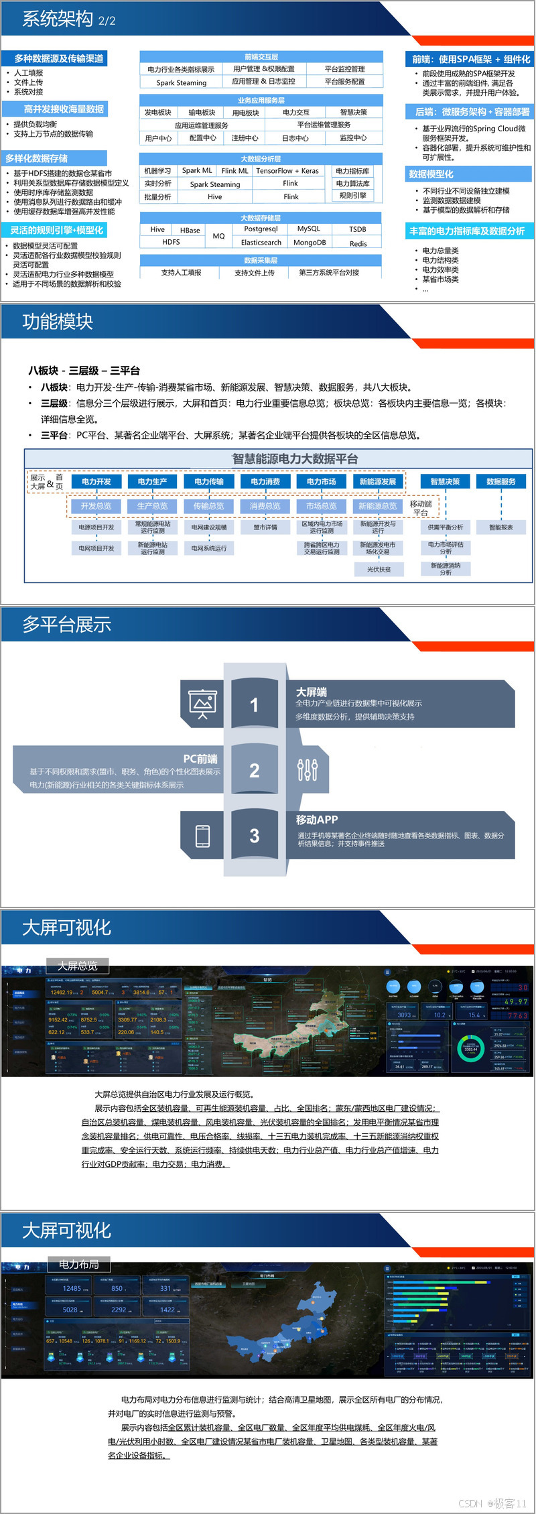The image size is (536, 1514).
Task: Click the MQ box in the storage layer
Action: tap(218, 236)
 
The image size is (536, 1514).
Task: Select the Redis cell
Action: tap(358, 244)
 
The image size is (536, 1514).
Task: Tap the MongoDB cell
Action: tap(310, 243)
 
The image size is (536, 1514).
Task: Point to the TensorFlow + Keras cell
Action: tap(287, 171)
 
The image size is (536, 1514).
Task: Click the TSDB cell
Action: tap(358, 229)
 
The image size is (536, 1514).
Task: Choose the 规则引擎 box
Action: tap(352, 196)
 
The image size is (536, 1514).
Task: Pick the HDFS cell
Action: tap(171, 242)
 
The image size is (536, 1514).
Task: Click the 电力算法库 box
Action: tap(352, 184)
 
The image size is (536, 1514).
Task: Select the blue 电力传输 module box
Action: tap(209, 481)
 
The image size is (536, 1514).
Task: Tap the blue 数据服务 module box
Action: tap(501, 481)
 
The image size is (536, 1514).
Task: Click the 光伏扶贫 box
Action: tap(379, 569)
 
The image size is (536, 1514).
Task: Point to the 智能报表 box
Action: tap(501, 527)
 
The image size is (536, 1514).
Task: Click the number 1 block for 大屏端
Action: tap(254, 704)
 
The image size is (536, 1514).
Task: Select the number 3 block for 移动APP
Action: tap(254, 836)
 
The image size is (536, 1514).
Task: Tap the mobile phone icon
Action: tap(202, 836)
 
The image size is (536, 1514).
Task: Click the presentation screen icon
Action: tap(202, 704)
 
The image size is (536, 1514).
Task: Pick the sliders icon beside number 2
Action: tap(307, 770)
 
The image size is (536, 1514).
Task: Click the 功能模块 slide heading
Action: tap(58, 322)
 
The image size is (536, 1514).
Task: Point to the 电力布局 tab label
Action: tap(79, 1264)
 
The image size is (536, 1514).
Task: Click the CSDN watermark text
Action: tap(492, 1503)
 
